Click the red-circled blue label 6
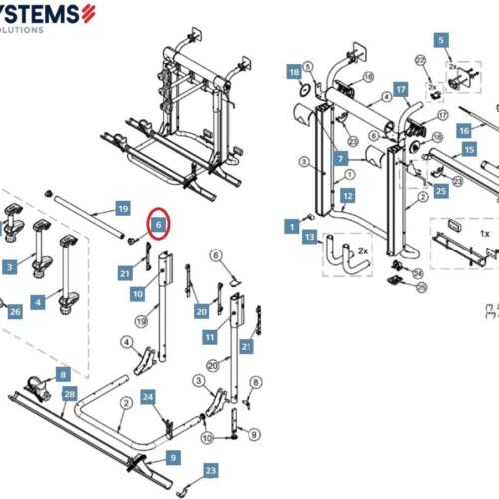pyautogui.click(x=158, y=226)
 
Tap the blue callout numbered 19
pyautogui.click(x=122, y=209)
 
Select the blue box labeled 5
pyautogui.click(x=440, y=40)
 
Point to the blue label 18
pyautogui.click(x=294, y=73)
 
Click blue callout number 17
pyautogui.click(x=401, y=89)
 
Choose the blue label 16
pyautogui.click(x=464, y=131)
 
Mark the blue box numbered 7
pyautogui.click(x=341, y=159)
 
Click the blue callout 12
pyautogui.click(x=347, y=197)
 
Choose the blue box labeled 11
pyautogui.click(x=211, y=339)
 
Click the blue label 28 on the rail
pyautogui.click(x=69, y=395)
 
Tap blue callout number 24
pyautogui.click(x=147, y=398)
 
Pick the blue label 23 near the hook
pyautogui.click(x=210, y=470)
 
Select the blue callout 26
pyautogui.click(x=14, y=312)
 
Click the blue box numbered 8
pyautogui.click(x=63, y=374)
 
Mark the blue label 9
pyautogui.click(x=173, y=457)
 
